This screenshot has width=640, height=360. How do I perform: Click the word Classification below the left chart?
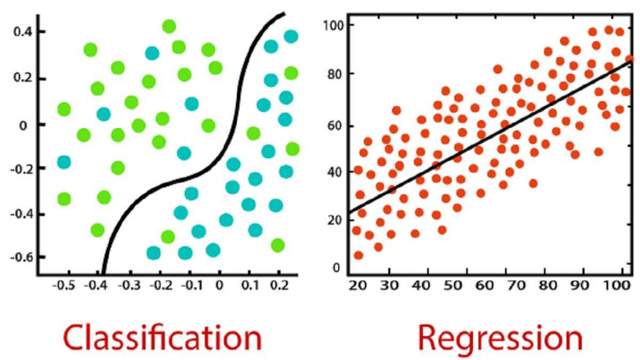click(162, 337)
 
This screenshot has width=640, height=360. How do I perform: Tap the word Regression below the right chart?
click(500, 337)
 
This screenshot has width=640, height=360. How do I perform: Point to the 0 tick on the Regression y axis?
click(336, 267)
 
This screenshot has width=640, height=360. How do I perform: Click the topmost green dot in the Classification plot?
click(169, 26)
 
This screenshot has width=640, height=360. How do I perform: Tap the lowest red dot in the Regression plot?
click(358, 255)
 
